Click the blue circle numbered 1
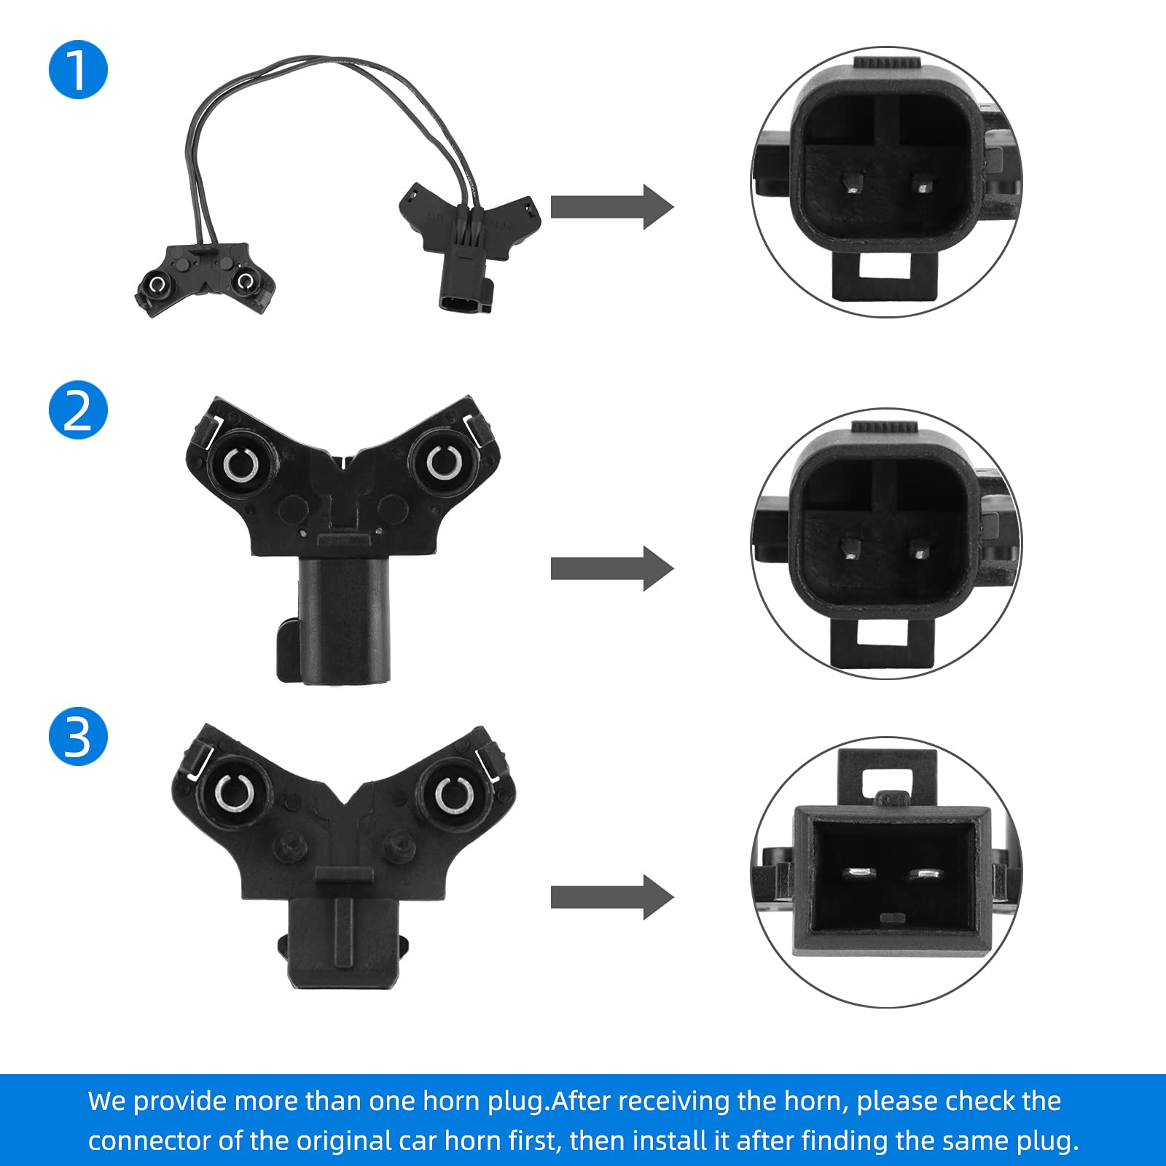coord(78,70)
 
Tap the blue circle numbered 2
coord(78,410)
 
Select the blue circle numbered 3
coord(78,736)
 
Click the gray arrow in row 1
coord(611,207)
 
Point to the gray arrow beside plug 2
coord(611,568)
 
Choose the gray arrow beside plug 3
coord(611,897)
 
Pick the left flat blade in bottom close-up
coord(858,872)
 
